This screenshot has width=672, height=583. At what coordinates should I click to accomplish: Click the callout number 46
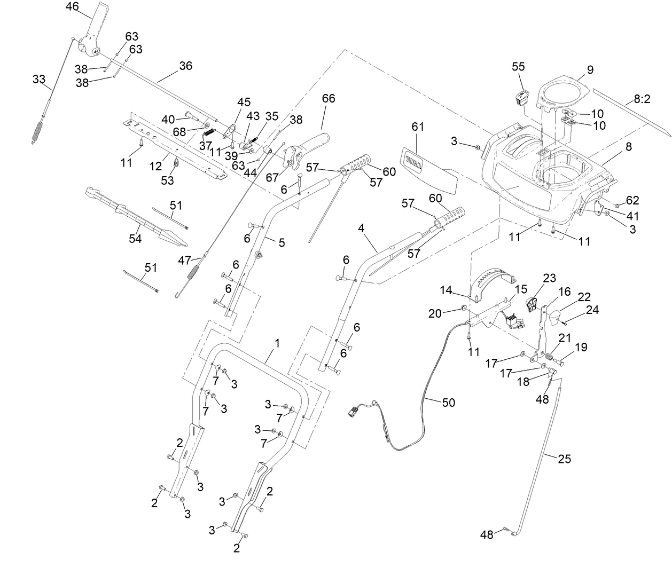[x=72, y=7]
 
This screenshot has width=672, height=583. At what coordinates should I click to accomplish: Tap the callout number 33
[x=39, y=79]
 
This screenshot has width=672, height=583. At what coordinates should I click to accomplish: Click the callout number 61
[x=418, y=127]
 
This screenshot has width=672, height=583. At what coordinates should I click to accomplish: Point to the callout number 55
[x=518, y=67]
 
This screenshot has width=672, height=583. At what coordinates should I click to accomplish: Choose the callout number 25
[x=565, y=459]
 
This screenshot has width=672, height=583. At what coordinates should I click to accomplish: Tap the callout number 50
[x=449, y=402]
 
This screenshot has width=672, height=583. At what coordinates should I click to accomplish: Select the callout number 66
[x=329, y=99]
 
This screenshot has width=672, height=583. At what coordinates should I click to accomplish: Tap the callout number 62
[x=632, y=200]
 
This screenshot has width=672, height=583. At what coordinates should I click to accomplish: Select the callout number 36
[x=185, y=66]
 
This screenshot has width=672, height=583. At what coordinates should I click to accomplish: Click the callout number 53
[x=168, y=180]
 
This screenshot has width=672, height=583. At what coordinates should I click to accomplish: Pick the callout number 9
[x=590, y=69]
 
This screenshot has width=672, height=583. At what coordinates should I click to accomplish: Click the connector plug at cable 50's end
[x=355, y=412]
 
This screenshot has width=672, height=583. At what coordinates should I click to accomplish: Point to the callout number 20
[x=435, y=313]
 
